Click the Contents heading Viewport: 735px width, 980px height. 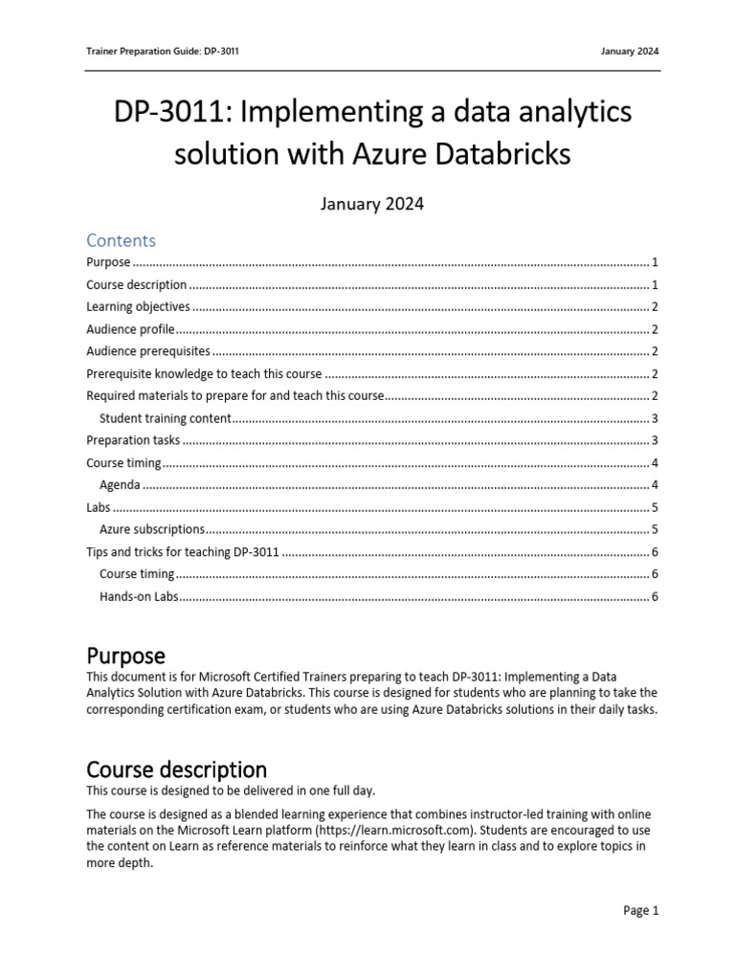pyautogui.click(x=121, y=240)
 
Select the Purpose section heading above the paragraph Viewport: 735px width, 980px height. pyautogui.click(x=125, y=657)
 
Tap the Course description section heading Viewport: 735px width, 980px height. pyautogui.click(x=176, y=769)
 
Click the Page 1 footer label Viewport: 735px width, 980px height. pyautogui.click(x=640, y=911)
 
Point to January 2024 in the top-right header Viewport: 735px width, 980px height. pyautogui.click(x=630, y=52)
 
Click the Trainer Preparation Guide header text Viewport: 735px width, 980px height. pyautogui.click(x=162, y=52)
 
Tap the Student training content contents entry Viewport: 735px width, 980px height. pyautogui.click(x=166, y=418)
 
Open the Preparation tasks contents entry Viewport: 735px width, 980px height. pyautogui.click(x=133, y=440)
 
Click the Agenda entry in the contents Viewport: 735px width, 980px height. pyautogui.click(x=120, y=485)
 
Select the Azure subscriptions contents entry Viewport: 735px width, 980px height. pyautogui.click(x=152, y=529)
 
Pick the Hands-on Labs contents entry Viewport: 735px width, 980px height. pyautogui.click(x=139, y=597)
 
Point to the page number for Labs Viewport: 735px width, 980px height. pyautogui.click(x=654, y=507)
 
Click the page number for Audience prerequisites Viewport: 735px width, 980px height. pyautogui.click(x=654, y=351)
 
